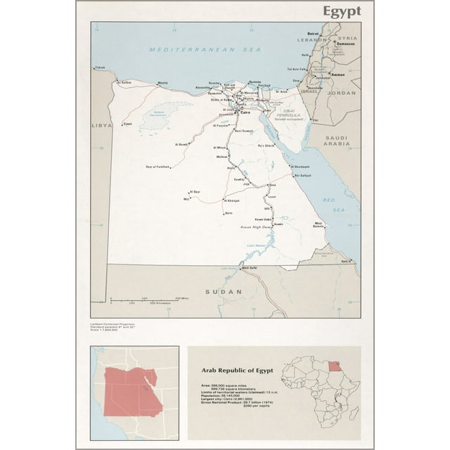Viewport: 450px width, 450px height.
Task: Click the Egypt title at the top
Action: point(342,11)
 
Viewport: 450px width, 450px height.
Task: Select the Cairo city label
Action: point(245,112)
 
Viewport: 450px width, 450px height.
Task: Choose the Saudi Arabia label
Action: point(336,139)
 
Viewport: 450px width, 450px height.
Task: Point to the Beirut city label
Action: point(314,33)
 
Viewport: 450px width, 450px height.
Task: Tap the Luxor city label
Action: point(272,197)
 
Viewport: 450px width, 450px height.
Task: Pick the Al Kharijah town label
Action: point(232,201)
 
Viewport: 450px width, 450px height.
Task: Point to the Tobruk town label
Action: point(100,67)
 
